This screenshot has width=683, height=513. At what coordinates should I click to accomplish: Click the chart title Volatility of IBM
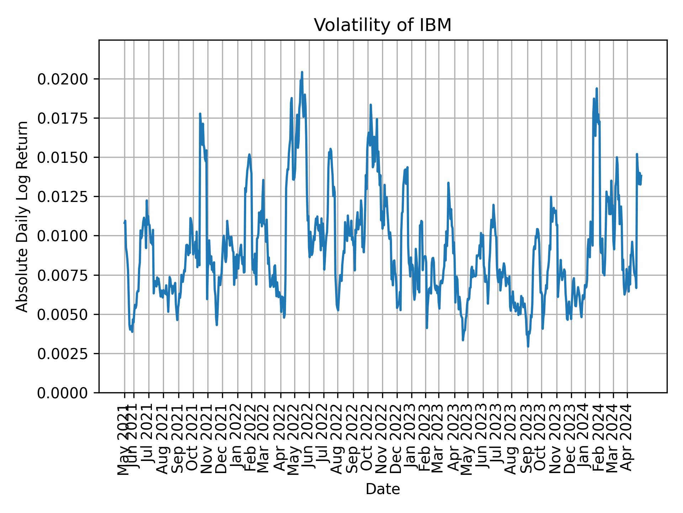tap(382, 25)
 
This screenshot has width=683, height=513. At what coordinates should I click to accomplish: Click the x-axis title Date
tap(382, 489)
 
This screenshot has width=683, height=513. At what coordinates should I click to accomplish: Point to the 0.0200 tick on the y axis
tap(63, 79)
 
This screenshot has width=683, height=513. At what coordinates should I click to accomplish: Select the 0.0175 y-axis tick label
tap(63, 118)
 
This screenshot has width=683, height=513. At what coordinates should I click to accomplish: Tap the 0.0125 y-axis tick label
tap(63, 197)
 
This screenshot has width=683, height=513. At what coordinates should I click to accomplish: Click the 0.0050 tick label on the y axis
tap(63, 315)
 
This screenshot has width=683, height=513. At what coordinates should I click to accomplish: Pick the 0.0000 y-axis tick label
tap(63, 393)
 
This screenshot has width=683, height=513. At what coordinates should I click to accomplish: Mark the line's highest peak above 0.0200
tap(302, 72)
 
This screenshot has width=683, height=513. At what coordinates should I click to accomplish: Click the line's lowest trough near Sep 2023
tap(528, 346)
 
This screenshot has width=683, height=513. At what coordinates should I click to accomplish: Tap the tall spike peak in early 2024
tap(597, 89)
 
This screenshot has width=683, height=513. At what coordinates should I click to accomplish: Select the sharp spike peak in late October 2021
tap(200, 114)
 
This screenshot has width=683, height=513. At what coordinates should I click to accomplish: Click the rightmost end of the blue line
tap(641, 175)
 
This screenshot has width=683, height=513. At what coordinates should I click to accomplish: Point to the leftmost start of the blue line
tap(124, 223)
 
